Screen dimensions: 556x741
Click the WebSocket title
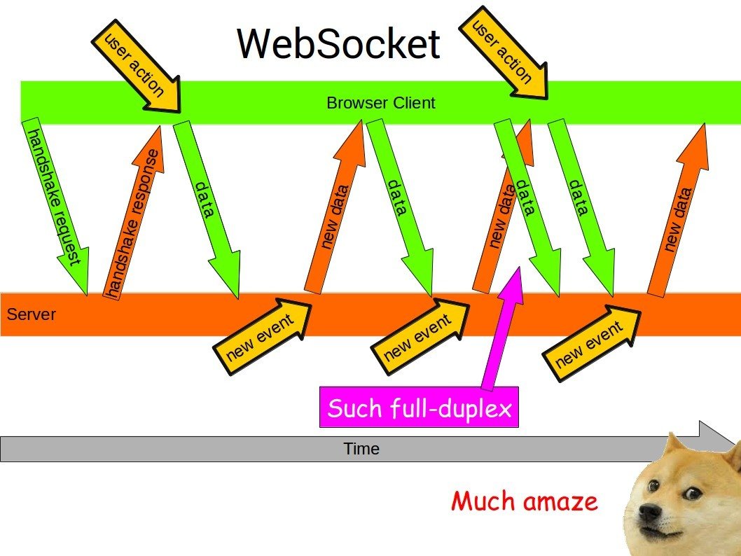point(338,43)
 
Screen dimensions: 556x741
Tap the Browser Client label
point(380,103)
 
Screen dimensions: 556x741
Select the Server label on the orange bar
point(31,314)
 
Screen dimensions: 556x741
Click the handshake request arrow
point(56,203)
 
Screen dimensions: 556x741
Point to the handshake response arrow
point(134,217)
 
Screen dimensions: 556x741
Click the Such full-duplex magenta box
point(419,407)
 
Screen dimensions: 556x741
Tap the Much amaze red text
point(525,501)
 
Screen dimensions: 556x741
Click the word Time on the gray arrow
point(361,449)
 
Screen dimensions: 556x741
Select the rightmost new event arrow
point(593,343)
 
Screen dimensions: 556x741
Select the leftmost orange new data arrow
point(335,210)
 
